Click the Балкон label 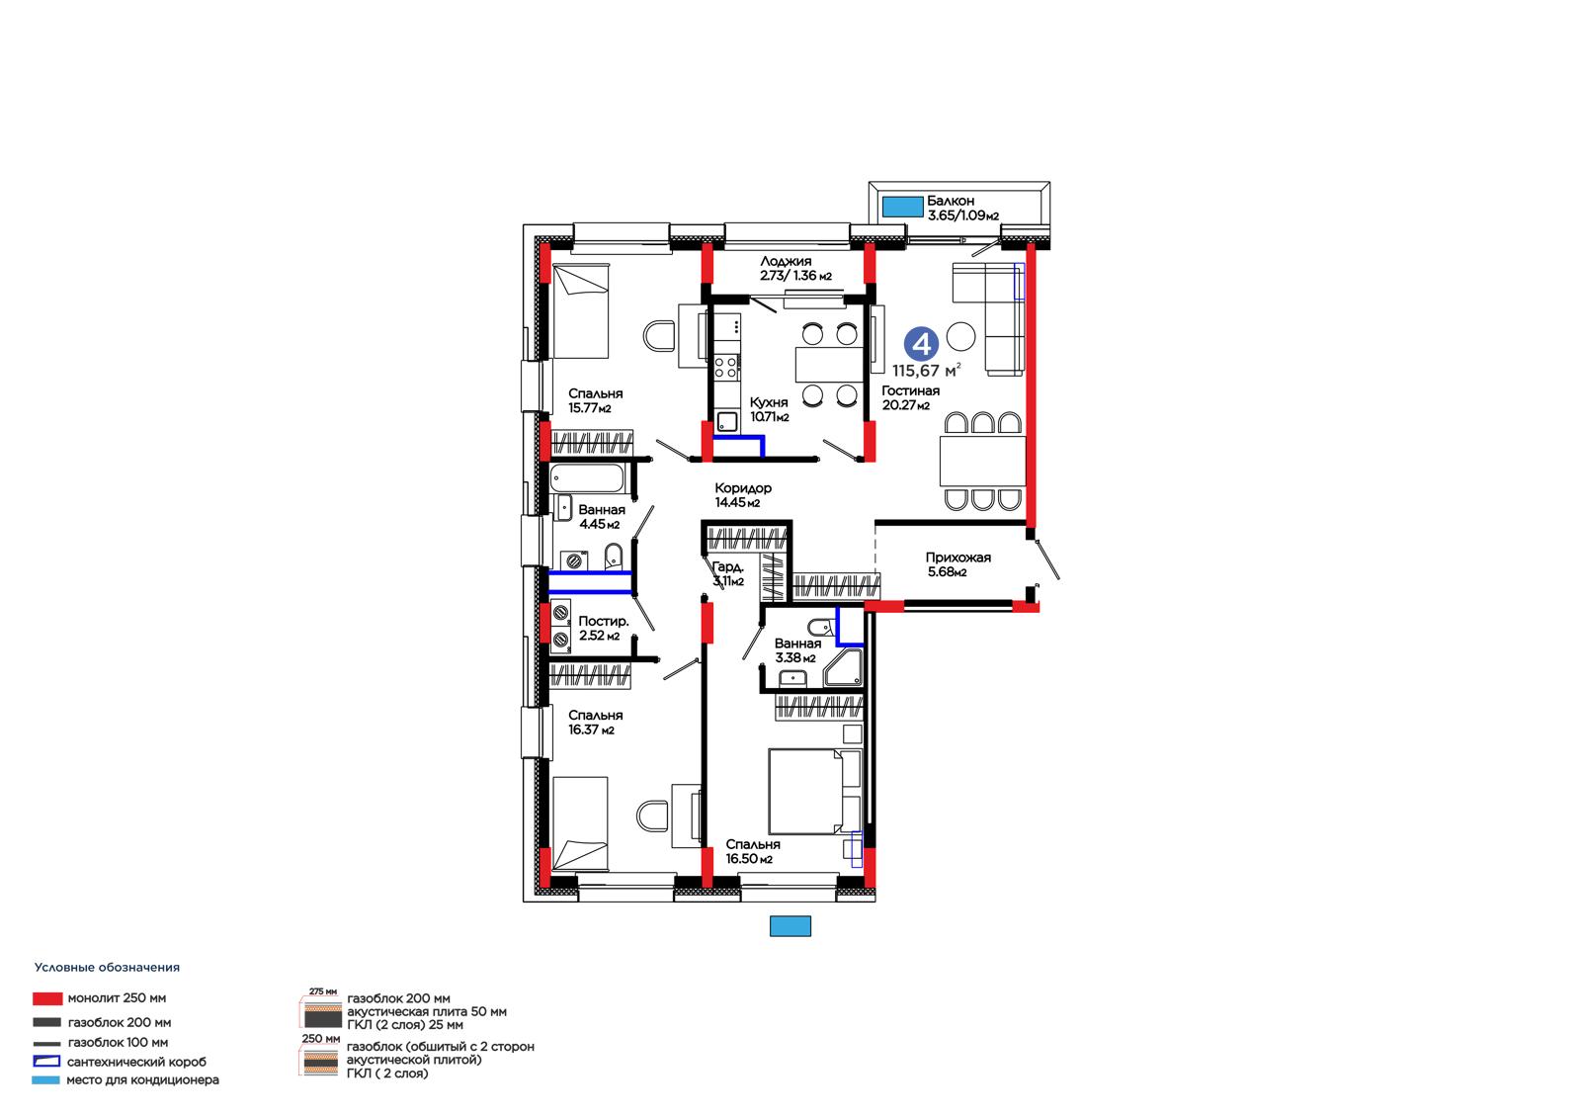point(950,201)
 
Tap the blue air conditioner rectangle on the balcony point(903,207)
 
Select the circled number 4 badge point(921,344)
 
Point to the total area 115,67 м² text point(926,370)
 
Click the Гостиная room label point(910,390)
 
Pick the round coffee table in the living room point(960,336)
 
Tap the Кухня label point(769,402)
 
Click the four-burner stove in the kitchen point(725,368)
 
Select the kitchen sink point(727,422)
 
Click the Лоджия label point(786,261)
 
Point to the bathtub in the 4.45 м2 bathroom point(587,478)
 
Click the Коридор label point(742,488)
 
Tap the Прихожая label point(957,558)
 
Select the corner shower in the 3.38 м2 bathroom point(843,668)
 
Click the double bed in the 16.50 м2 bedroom point(815,792)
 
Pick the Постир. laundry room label point(604,621)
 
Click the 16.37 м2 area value point(592,730)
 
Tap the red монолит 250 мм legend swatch point(47,998)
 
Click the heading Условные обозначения point(108,967)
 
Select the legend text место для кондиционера point(142,1079)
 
